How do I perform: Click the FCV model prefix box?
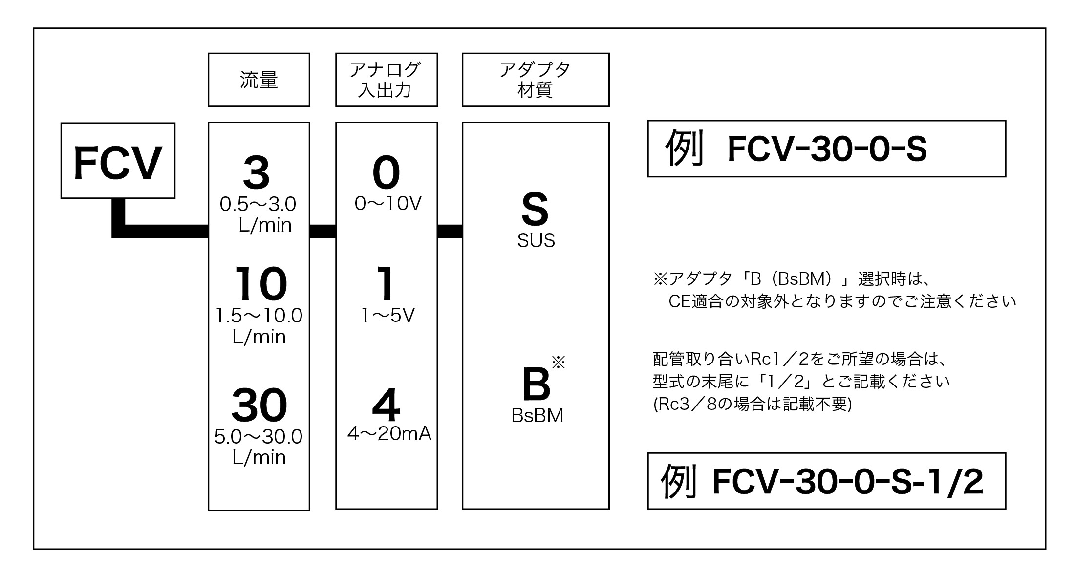[x=118, y=161]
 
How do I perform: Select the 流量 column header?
[x=258, y=80]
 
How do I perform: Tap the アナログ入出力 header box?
[x=386, y=80]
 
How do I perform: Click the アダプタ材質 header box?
[x=535, y=80]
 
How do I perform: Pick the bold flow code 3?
[x=257, y=173]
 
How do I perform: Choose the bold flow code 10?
[x=260, y=284]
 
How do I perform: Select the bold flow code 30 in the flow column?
[x=259, y=405]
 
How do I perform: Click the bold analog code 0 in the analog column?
[x=386, y=173]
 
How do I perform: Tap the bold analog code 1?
[x=386, y=284]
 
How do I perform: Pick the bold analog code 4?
[x=386, y=406]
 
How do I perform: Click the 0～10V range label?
[x=388, y=204]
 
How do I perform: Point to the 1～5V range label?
[x=388, y=316]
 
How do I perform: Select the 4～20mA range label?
[x=389, y=433]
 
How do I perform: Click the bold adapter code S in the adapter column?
[x=535, y=209]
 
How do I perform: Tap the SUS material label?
[x=536, y=240]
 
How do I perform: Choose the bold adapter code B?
[x=536, y=385]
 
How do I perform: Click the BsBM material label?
[x=537, y=416]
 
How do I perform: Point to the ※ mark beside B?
[x=558, y=363]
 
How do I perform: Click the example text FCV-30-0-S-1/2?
[x=847, y=482]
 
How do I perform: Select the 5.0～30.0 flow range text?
[x=258, y=436]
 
